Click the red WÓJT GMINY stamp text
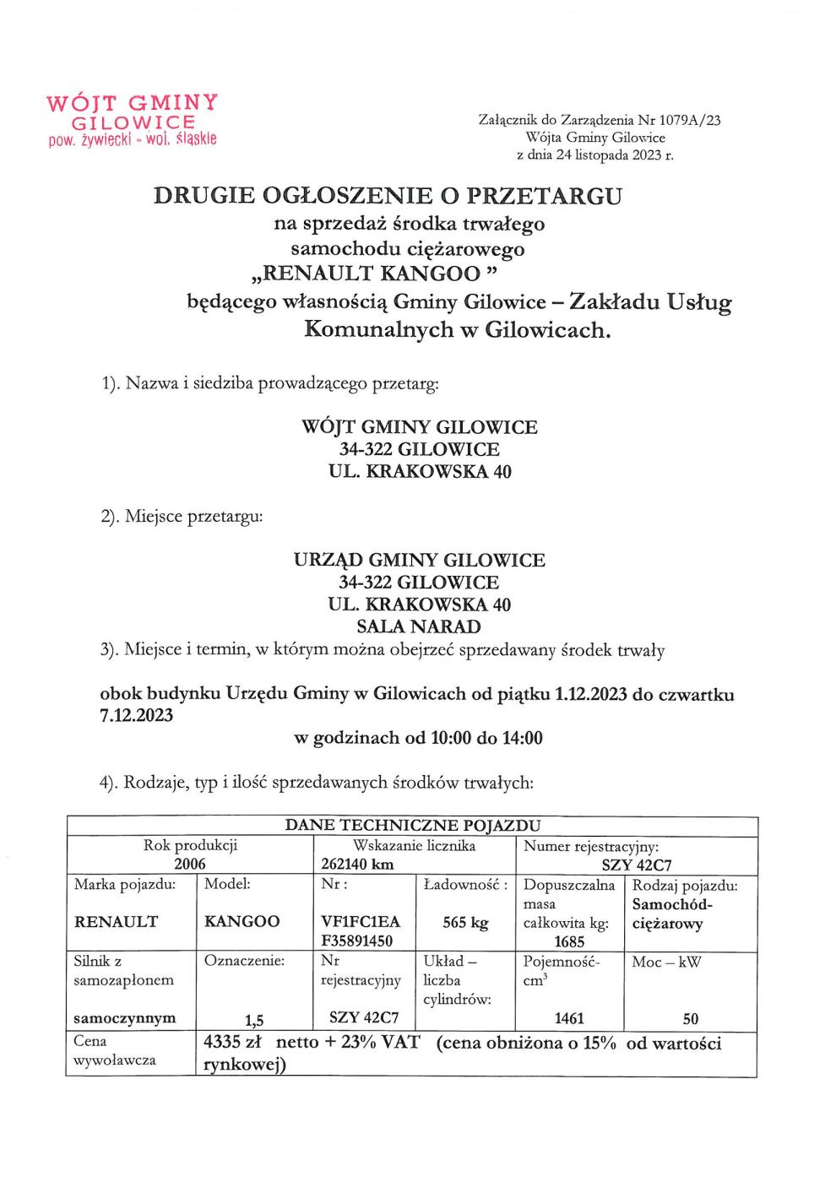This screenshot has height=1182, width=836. coord(133,103)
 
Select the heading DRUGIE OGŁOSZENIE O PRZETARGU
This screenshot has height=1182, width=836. coord(388,196)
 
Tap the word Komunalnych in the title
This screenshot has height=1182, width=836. coord(378,329)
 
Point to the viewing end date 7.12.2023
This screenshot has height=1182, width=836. coord(136,716)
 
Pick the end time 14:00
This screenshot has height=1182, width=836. coord(522,738)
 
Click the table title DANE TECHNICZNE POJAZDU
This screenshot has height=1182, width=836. coord(412,825)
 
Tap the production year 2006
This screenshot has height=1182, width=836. coord(190,864)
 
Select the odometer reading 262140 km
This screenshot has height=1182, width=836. coord(358,864)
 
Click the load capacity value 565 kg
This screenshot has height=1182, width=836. coord(465,923)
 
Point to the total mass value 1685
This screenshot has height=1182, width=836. coord(570,941)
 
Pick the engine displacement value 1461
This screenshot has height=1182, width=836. coord(570,1018)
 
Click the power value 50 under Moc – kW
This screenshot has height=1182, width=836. coord(691,1018)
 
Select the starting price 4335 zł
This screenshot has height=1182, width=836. coord(235,1043)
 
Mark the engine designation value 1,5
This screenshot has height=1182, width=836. coord(254,1020)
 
